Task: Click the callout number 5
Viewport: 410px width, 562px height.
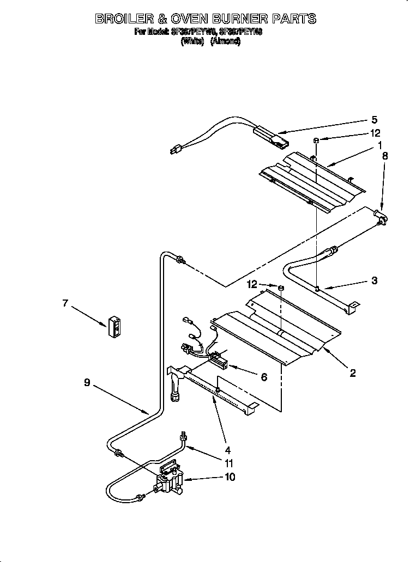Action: (x=374, y=120)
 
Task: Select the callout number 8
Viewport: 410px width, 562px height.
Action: (x=385, y=155)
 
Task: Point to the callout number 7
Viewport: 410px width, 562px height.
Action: (x=65, y=303)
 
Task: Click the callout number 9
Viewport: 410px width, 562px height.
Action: (x=87, y=383)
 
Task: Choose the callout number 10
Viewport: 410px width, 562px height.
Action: (x=230, y=478)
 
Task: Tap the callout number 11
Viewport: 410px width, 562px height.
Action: (x=229, y=464)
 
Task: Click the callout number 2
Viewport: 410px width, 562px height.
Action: (x=353, y=372)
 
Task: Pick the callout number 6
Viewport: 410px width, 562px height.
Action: (x=264, y=376)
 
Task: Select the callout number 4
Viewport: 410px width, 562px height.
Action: (x=227, y=450)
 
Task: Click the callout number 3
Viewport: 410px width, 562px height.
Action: (x=374, y=281)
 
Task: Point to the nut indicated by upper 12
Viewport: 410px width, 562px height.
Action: (x=316, y=140)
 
